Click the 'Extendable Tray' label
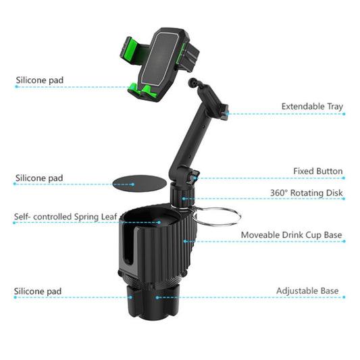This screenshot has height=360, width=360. click(312, 107)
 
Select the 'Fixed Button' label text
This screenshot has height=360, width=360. click(317, 172)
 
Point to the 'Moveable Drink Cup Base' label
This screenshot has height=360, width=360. click(292, 235)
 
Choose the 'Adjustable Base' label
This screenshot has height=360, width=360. click(307, 291)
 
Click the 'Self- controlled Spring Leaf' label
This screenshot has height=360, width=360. click(66, 217)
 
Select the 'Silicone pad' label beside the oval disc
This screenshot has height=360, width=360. click(39, 178)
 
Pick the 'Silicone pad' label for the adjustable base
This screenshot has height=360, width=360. click(39, 292)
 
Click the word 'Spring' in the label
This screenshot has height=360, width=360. click(86, 217)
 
